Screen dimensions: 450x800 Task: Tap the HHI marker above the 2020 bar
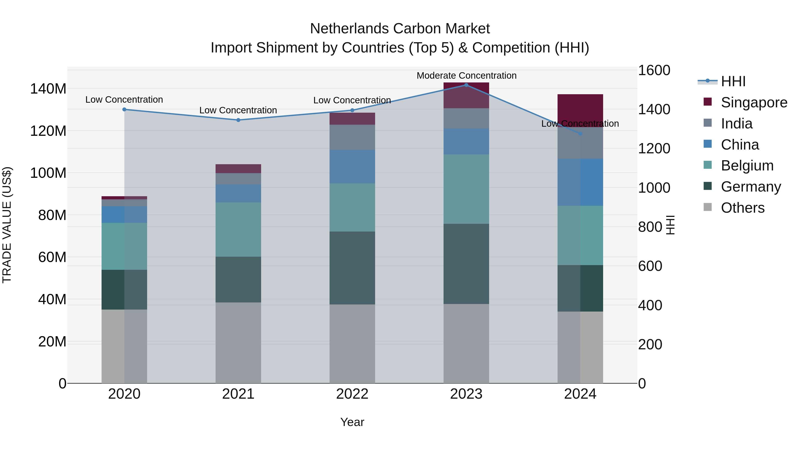tap(124, 109)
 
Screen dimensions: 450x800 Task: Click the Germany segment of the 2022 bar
tap(352, 268)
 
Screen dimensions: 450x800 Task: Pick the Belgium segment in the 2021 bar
tap(238, 230)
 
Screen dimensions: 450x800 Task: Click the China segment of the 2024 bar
tap(580, 182)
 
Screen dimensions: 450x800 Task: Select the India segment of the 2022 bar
tap(352, 137)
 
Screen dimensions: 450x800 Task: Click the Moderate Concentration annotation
tap(466, 76)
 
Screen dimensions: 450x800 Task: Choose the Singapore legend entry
tap(754, 102)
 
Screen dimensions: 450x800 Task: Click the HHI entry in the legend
tap(733, 81)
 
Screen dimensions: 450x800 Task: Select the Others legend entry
tap(742, 208)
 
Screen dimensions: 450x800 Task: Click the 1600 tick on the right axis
tap(654, 70)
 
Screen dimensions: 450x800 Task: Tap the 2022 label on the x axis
tap(352, 394)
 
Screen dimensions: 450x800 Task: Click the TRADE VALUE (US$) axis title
tap(7, 225)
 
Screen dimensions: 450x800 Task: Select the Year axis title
tap(352, 422)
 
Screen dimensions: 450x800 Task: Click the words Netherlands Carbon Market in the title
tap(400, 29)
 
